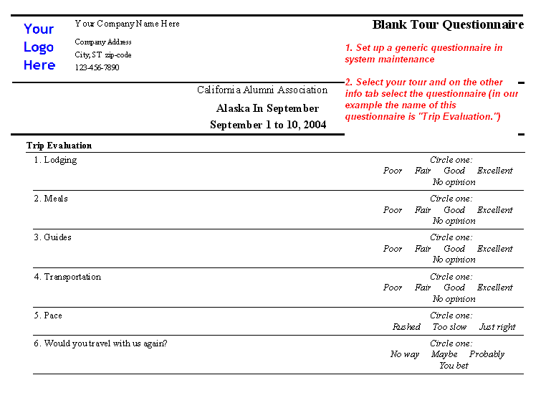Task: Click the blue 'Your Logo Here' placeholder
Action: (x=39, y=47)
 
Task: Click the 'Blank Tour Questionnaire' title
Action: (x=448, y=25)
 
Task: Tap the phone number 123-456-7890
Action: (x=97, y=67)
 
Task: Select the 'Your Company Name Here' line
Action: (x=127, y=24)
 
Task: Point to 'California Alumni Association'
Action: (x=262, y=90)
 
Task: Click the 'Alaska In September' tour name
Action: (x=267, y=108)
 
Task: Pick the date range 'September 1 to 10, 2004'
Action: (x=268, y=125)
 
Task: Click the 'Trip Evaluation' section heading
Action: (x=59, y=146)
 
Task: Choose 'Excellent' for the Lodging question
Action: (x=494, y=171)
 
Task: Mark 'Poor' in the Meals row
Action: (x=393, y=210)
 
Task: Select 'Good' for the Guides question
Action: (x=454, y=249)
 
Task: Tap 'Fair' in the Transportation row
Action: (x=423, y=288)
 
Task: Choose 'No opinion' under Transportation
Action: (x=454, y=298)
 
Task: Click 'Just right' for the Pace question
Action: (x=497, y=327)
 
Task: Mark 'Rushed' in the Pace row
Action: (x=406, y=327)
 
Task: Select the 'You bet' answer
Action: (x=454, y=365)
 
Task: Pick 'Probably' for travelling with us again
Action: (x=487, y=354)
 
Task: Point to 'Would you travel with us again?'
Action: (x=105, y=343)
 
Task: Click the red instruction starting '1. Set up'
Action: (x=423, y=54)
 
